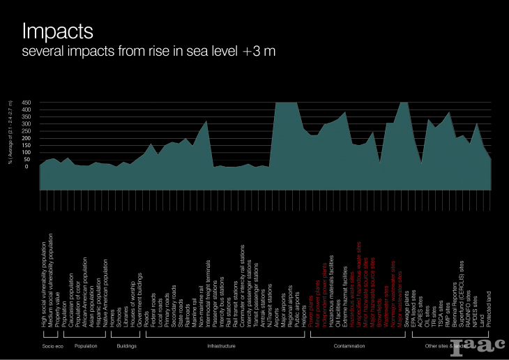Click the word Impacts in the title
pyautogui.click(x=58, y=31)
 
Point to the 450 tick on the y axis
pyautogui.click(x=26, y=103)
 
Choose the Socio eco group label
pyautogui.click(x=52, y=345)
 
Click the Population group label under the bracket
pyautogui.click(x=85, y=345)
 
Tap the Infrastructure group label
pyautogui.click(x=222, y=345)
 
